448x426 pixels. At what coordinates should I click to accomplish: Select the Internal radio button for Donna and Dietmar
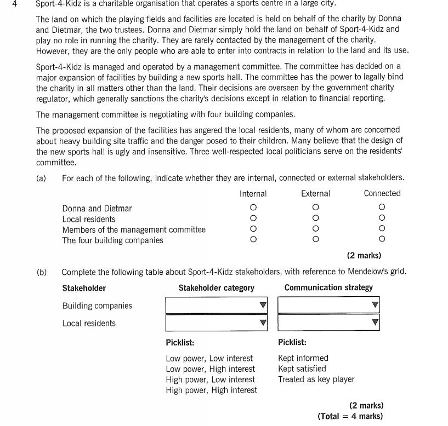(253, 208)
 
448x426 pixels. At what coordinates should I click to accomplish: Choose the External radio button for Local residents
(315, 218)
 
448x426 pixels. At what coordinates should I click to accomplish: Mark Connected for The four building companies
(382, 239)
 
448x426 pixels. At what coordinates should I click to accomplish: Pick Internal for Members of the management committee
(253, 229)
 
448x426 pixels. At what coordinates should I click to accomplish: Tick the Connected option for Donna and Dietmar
(382, 208)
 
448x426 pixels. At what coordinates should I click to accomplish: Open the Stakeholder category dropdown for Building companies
(217, 306)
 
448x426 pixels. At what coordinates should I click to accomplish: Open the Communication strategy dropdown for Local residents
(328, 323)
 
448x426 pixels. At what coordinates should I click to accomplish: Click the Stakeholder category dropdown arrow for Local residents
(263, 323)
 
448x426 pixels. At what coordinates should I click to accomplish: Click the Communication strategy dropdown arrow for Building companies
(375, 306)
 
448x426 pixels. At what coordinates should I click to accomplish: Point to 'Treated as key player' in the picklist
(316, 379)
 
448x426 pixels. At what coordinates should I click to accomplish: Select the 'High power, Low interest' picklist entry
(210, 379)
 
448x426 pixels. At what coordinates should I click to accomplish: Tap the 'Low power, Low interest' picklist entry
(209, 358)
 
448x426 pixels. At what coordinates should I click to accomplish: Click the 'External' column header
(315, 193)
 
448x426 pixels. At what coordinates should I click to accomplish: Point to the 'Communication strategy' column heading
(328, 287)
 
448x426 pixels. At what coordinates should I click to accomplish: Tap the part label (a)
(41, 178)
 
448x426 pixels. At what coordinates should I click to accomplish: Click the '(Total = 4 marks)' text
(350, 416)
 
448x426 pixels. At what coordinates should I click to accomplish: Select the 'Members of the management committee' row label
(134, 229)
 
